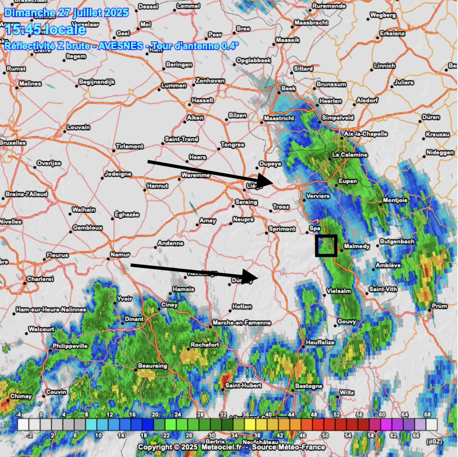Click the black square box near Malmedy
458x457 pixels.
(x=326, y=245)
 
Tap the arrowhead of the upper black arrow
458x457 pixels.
(x=266, y=180)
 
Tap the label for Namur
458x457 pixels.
(x=120, y=254)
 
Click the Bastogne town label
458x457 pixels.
(x=309, y=386)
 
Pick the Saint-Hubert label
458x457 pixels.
(x=243, y=385)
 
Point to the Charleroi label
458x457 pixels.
(x=40, y=279)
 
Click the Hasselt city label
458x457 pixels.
(x=202, y=100)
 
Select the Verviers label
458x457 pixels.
(x=318, y=196)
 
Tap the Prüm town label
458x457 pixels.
(x=439, y=306)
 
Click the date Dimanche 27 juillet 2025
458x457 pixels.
(x=66, y=13)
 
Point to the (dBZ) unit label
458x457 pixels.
(x=434, y=441)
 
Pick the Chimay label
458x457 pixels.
(x=21, y=396)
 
